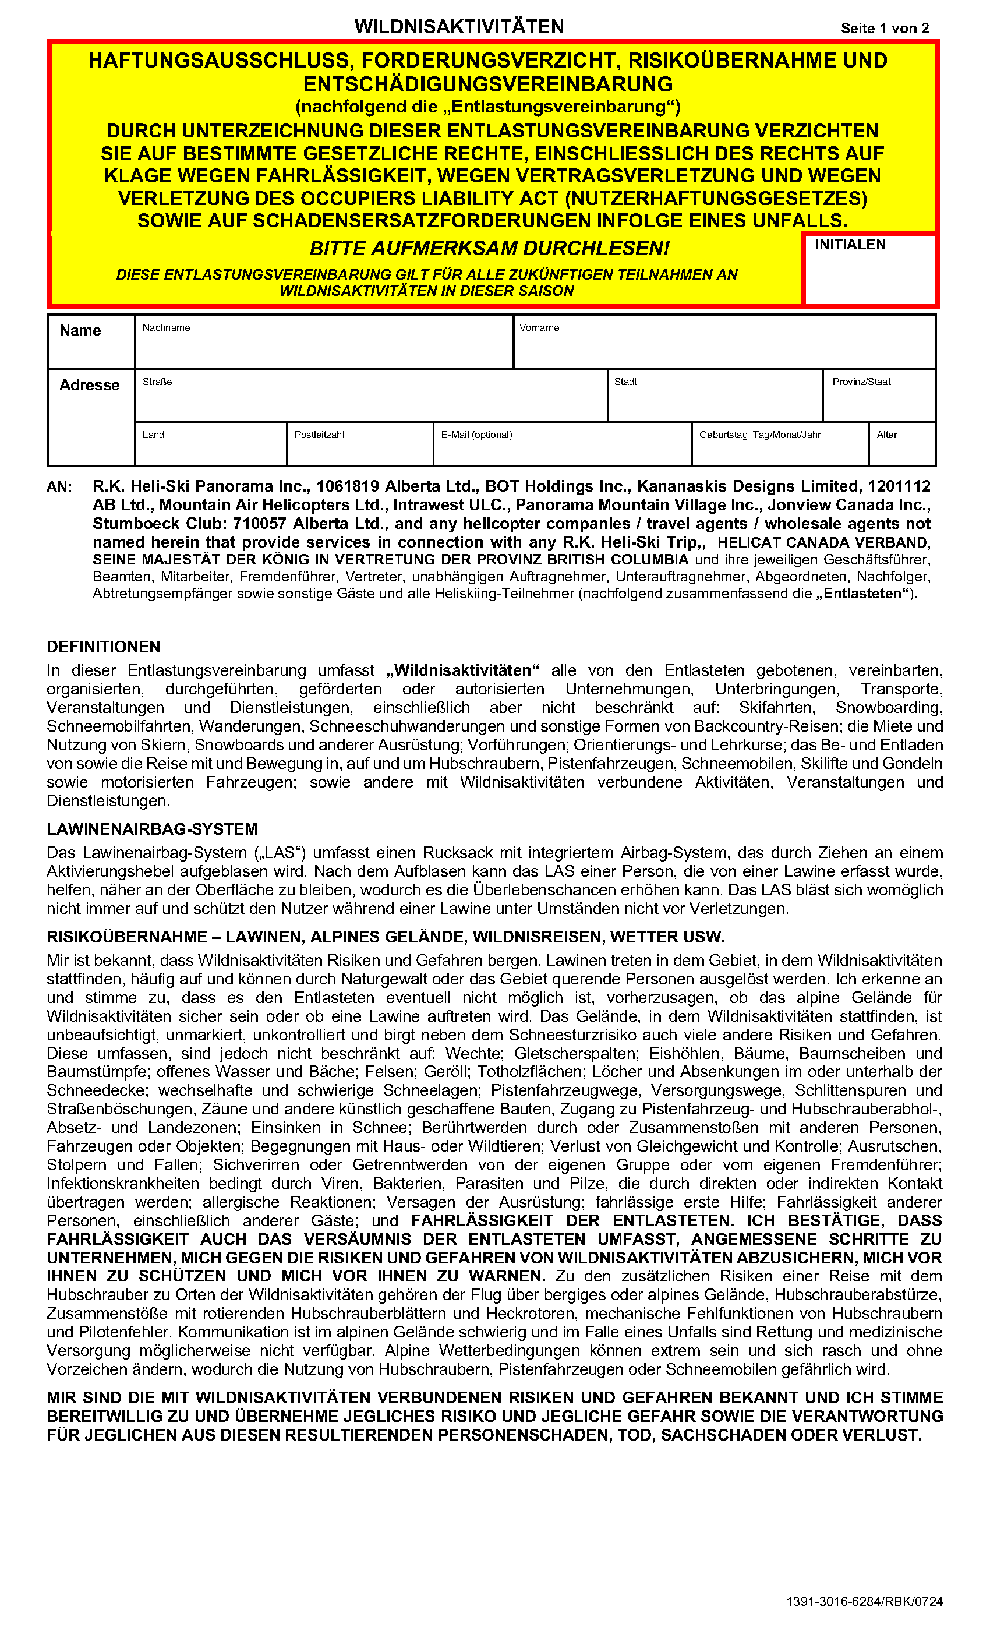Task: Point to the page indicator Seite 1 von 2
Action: [x=885, y=29]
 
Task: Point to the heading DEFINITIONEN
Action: [x=104, y=647]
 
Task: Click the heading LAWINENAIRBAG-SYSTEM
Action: [x=152, y=829]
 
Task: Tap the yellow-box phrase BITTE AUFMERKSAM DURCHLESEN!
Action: [x=489, y=248]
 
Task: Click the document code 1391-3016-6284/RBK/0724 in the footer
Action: [x=864, y=1602]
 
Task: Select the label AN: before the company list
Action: [x=59, y=487]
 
